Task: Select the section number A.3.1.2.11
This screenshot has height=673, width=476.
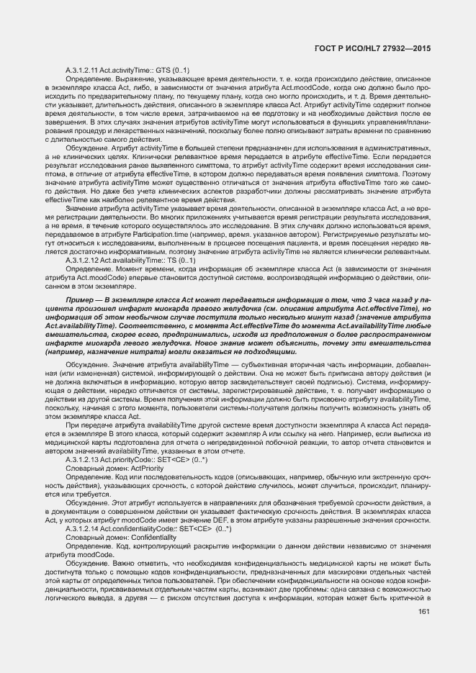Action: point(81,70)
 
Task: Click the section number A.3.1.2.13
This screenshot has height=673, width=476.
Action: point(81,459)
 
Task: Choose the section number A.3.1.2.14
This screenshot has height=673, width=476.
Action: point(81,528)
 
